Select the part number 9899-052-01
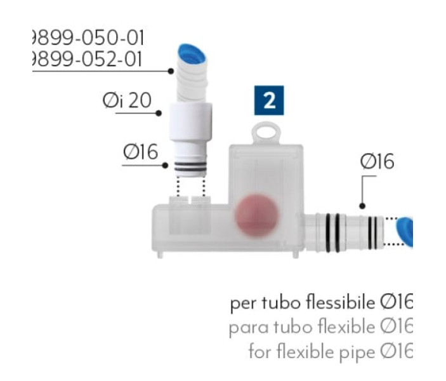point(87,58)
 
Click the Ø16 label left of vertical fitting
point(140,152)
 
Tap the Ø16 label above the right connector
point(377,162)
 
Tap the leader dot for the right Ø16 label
point(362,206)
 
